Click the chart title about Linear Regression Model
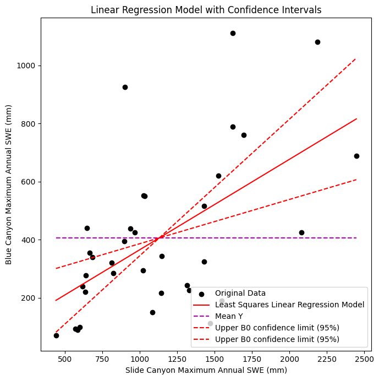click(206, 10)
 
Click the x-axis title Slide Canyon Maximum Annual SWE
click(206, 370)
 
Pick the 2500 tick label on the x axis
click(364, 359)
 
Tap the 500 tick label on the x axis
click(65, 359)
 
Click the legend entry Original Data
click(240, 293)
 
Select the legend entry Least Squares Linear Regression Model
click(289, 305)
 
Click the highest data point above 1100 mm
click(233, 33)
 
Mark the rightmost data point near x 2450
click(356, 156)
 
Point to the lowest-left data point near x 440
click(56, 335)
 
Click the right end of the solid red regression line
click(356, 119)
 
